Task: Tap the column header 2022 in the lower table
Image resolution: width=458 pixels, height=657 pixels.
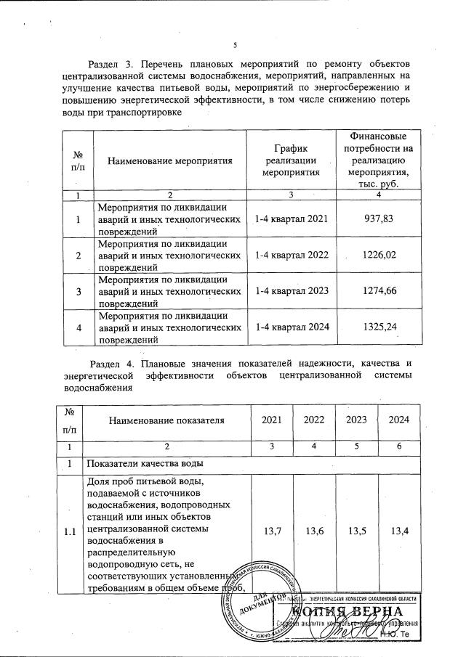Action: coord(314,420)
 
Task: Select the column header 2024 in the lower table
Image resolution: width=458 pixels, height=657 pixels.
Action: coord(398,420)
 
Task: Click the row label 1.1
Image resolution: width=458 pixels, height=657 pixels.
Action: coord(70,533)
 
